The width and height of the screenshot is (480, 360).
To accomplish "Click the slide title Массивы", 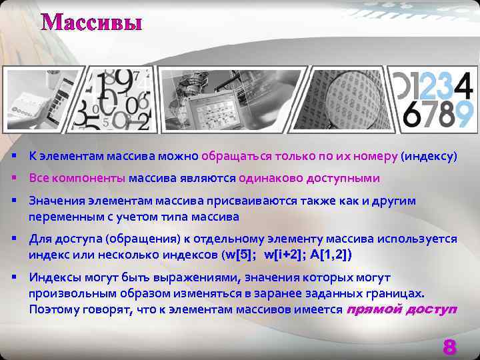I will click(92, 23).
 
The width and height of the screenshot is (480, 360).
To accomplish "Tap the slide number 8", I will click(449, 347).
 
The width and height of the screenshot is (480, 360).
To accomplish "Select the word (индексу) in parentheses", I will click(429, 157).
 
